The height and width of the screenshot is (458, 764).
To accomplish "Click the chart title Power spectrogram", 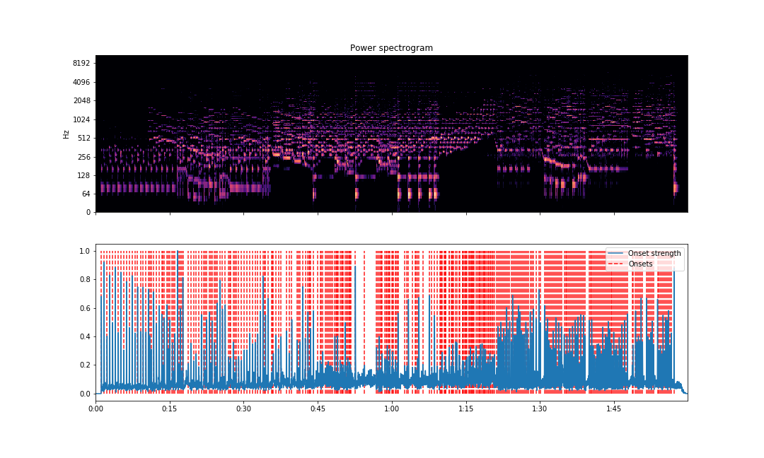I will coord(391,48).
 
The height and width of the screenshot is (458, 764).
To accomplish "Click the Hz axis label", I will coord(66,134).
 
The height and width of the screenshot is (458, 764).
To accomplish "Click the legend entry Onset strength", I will coord(654,253).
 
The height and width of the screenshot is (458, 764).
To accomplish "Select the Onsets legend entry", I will coord(642,264).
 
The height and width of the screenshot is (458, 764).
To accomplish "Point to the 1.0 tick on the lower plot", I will coord(84,251).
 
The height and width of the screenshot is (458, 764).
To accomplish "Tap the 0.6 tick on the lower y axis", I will coord(84,308).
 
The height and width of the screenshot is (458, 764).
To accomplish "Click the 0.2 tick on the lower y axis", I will coord(84,365).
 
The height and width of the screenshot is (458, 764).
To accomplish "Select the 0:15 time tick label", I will coord(170,409).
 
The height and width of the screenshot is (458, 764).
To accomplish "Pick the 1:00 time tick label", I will coord(392,409).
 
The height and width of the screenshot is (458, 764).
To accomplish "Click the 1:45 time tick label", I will coord(613,409).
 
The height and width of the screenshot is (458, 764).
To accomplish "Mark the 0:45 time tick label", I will coord(318,409).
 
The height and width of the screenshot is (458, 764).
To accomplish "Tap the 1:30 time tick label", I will coord(540,409).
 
